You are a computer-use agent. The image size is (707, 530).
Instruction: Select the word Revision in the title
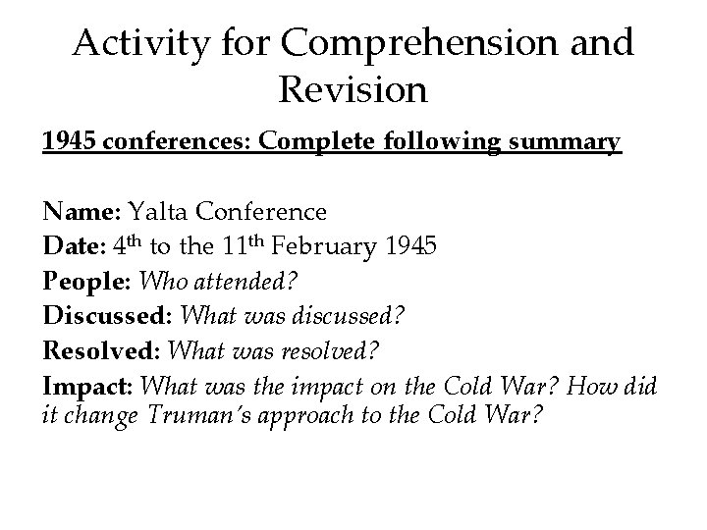353,90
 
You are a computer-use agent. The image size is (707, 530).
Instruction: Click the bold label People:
88,282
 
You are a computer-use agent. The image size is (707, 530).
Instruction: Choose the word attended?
249,282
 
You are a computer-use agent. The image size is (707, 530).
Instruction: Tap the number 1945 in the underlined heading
70,142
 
